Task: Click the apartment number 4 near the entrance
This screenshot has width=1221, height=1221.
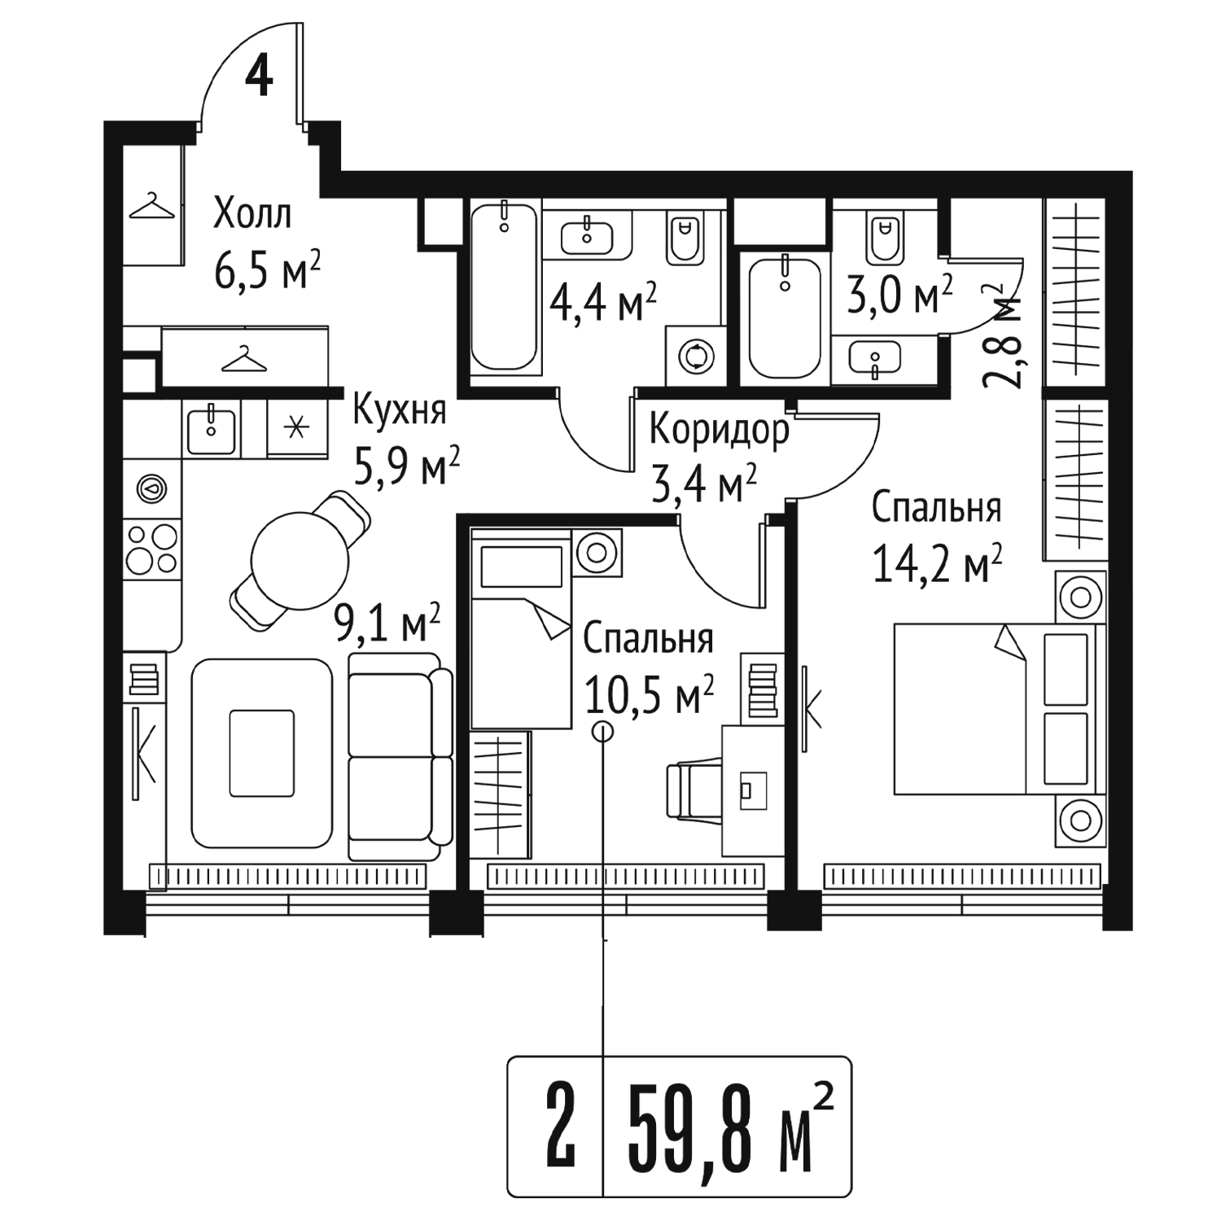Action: pos(259,78)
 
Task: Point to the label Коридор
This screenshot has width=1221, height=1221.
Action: pos(720,431)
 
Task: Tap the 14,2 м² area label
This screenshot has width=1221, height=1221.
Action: pos(937,564)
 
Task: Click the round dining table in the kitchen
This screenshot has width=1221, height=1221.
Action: pos(300,560)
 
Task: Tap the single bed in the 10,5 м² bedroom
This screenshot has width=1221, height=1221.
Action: pos(521,628)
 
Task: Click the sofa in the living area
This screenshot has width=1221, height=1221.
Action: pos(400,756)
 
